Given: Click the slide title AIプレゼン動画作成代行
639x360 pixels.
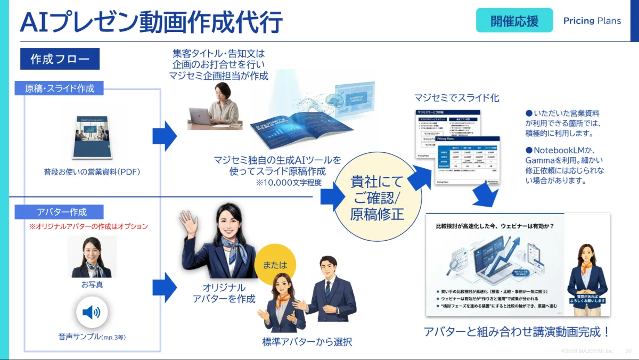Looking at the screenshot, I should pyautogui.click(x=151, y=23).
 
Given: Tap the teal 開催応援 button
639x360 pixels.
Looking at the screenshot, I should pyautogui.click(x=514, y=21).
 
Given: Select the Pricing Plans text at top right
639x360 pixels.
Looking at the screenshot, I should pyautogui.click(x=592, y=21).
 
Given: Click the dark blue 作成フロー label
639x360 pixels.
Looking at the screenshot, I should pyautogui.click(x=60, y=59).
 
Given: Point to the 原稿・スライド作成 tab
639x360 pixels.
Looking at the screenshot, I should pyautogui.click(x=60, y=88).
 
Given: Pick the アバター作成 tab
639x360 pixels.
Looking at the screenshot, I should pyautogui.click(x=62, y=212).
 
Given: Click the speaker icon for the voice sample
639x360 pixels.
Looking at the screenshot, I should pyautogui.click(x=92, y=312).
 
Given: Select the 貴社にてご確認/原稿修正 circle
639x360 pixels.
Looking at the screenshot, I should pyautogui.click(x=377, y=197).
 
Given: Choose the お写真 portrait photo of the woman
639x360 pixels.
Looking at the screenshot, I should pyautogui.click(x=92, y=257).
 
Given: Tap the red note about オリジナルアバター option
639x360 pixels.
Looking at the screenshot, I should pyautogui.click(x=88, y=226).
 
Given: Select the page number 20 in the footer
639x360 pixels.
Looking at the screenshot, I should pyautogui.click(x=628, y=351).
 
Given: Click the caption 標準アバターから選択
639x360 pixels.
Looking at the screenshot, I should pyautogui.click(x=307, y=342).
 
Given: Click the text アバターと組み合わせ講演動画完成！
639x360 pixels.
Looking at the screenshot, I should pyautogui.click(x=517, y=332).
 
